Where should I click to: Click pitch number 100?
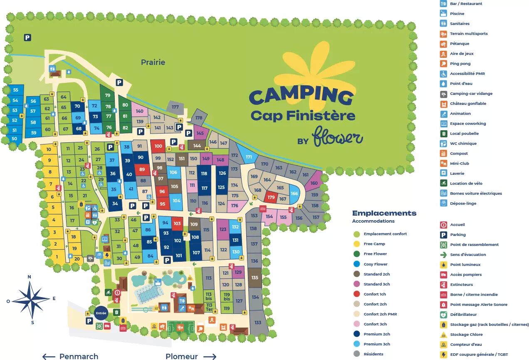click(x=158, y=146)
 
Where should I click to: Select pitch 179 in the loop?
click(x=271, y=197)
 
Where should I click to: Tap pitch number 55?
click(x=15, y=90)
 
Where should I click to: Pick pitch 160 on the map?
click(x=314, y=183)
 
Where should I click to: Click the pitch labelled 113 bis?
click(x=208, y=296)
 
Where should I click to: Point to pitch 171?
click(x=249, y=157)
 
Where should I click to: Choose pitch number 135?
click(x=255, y=278)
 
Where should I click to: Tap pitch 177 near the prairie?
click(x=175, y=107)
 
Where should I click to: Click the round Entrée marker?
click(x=101, y=313)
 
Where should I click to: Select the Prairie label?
click(x=153, y=62)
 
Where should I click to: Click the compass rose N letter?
click(x=29, y=277)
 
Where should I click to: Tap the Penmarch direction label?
click(x=79, y=356)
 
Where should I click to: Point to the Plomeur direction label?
click(x=181, y=356)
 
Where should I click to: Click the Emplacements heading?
click(x=384, y=213)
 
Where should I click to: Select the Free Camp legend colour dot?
click(x=356, y=244)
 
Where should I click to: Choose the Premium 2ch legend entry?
click(x=377, y=334)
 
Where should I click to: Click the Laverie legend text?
click(x=457, y=174)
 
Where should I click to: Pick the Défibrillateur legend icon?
click(x=443, y=315)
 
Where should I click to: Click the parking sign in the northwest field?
click(x=27, y=37)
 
